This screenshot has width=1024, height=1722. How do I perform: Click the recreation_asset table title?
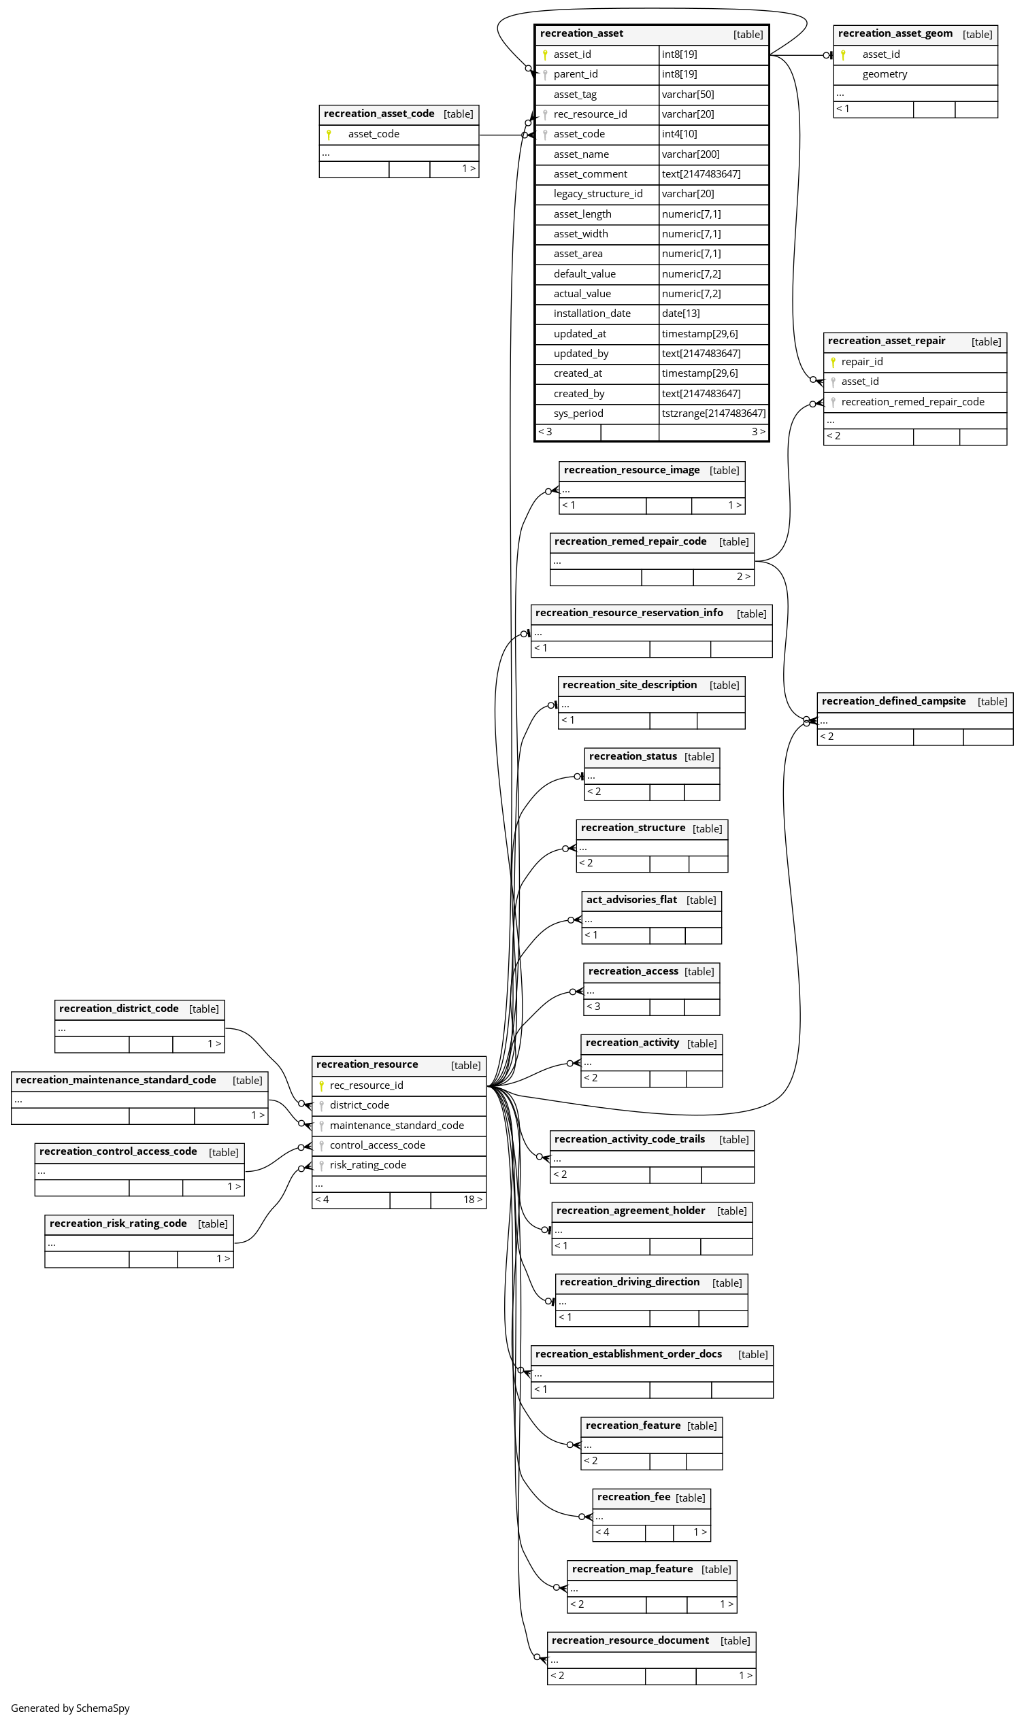(581, 34)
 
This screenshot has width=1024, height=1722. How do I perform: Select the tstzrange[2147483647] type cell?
(714, 413)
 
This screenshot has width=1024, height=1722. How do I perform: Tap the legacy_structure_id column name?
(597, 195)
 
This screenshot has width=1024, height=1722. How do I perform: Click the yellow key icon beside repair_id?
(833, 362)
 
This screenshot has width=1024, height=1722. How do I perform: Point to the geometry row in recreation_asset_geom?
(915, 75)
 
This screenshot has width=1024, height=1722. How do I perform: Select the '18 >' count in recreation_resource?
(473, 1200)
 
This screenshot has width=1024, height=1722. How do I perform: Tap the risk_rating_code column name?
(368, 1166)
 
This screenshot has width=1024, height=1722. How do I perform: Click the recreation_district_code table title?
(118, 1009)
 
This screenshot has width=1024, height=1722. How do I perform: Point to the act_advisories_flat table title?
(631, 900)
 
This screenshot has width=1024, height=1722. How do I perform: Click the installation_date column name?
(592, 314)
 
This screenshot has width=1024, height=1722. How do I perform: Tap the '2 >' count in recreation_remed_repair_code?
(743, 577)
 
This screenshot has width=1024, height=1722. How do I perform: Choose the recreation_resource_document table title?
(630, 1640)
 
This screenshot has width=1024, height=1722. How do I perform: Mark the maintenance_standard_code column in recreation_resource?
(397, 1126)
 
